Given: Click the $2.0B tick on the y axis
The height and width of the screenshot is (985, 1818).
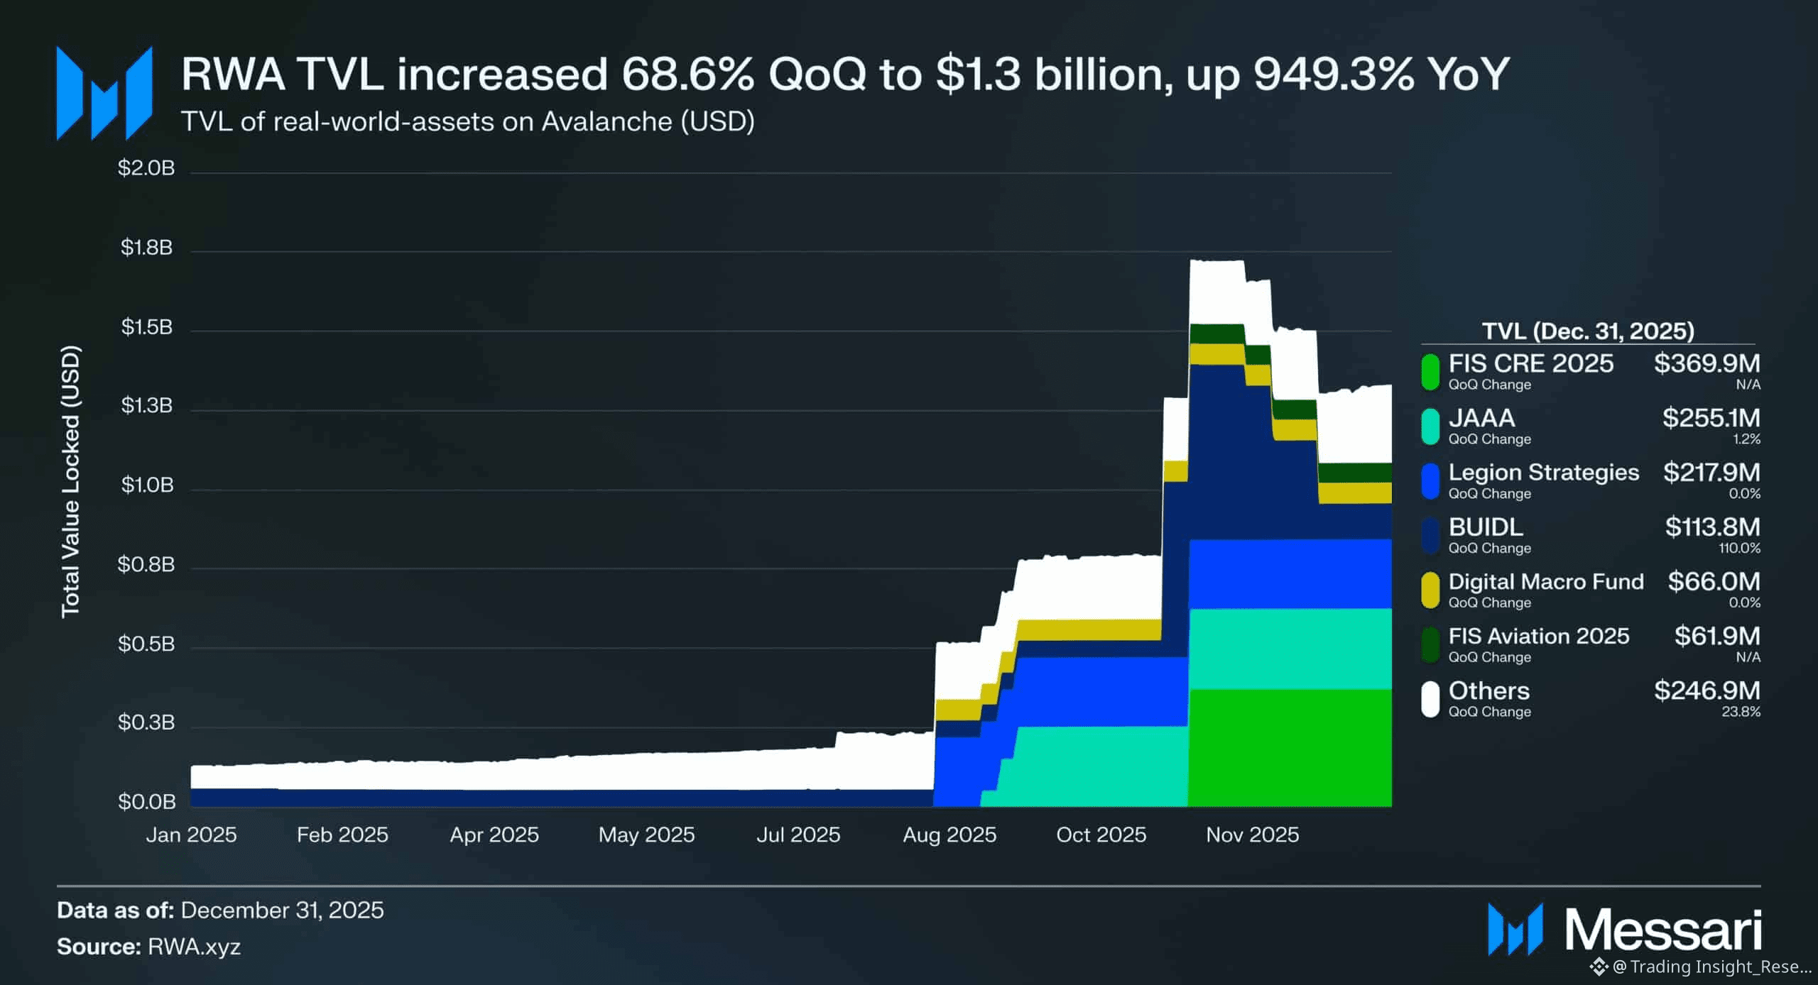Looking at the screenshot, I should pyautogui.click(x=146, y=168).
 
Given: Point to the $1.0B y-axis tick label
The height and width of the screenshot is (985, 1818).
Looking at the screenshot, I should pyautogui.click(x=147, y=485).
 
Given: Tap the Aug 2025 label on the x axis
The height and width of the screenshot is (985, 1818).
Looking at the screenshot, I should pyautogui.click(x=949, y=835).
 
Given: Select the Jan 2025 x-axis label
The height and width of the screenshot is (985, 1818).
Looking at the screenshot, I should pyautogui.click(x=191, y=835).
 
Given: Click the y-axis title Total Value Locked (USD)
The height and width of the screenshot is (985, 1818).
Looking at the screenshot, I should pyautogui.click(x=70, y=481).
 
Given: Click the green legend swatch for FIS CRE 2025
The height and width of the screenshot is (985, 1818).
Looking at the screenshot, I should pyautogui.click(x=1430, y=372).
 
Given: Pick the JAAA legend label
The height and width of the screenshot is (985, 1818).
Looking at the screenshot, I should pyautogui.click(x=1481, y=418).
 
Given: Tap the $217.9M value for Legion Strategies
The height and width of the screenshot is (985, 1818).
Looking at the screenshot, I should pyautogui.click(x=1711, y=473).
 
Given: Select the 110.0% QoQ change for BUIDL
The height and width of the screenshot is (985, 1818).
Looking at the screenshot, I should pyautogui.click(x=1739, y=549).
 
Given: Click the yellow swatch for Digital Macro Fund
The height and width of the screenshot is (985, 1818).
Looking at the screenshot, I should pyautogui.click(x=1430, y=590).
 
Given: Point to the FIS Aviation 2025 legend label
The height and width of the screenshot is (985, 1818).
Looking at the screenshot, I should pyautogui.click(x=1538, y=636).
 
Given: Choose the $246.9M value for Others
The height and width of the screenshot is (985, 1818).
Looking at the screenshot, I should pyautogui.click(x=1707, y=690).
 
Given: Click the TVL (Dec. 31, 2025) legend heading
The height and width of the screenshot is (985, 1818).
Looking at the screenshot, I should pyautogui.click(x=1588, y=331).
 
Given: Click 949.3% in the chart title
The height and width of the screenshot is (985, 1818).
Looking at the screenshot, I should pyautogui.click(x=1333, y=74).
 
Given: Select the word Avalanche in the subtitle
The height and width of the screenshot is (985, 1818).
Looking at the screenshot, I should pyautogui.click(x=606, y=122).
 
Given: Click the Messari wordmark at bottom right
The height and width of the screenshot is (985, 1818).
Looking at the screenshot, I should pyautogui.click(x=1663, y=930).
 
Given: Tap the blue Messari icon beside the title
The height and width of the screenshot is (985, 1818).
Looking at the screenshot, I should pyautogui.click(x=104, y=94).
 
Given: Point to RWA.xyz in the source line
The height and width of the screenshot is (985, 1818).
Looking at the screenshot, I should pyautogui.click(x=194, y=947).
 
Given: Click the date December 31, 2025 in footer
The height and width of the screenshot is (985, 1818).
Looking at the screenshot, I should pyautogui.click(x=282, y=910).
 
